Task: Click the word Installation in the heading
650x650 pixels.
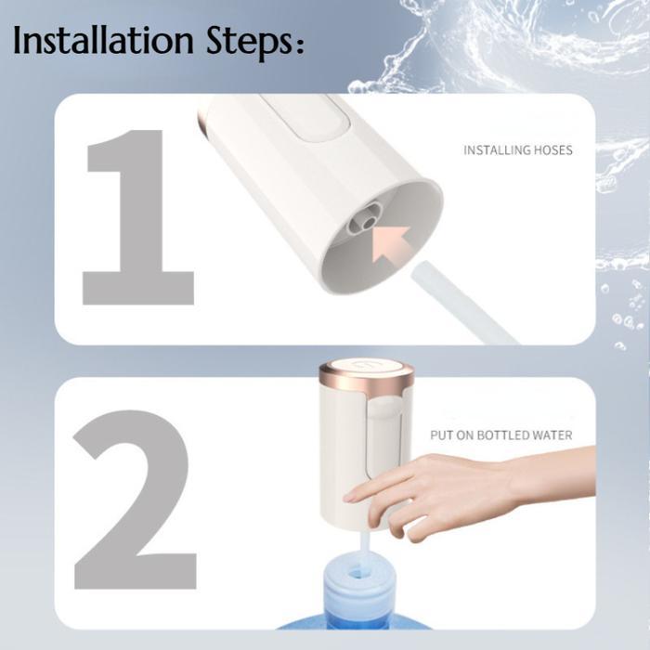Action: [x=104, y=40]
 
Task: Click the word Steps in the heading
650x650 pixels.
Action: [x=248, y=43]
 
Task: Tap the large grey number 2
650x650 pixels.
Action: [x=134, y=500]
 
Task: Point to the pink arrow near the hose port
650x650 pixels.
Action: [x=390, y=243]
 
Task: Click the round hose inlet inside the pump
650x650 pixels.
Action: [x=368, y=223]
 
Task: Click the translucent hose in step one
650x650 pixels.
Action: [x=463, y=303]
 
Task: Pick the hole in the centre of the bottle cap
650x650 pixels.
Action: [x=356, y=573]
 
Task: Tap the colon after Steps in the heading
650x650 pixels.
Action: [x=300, y=45]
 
